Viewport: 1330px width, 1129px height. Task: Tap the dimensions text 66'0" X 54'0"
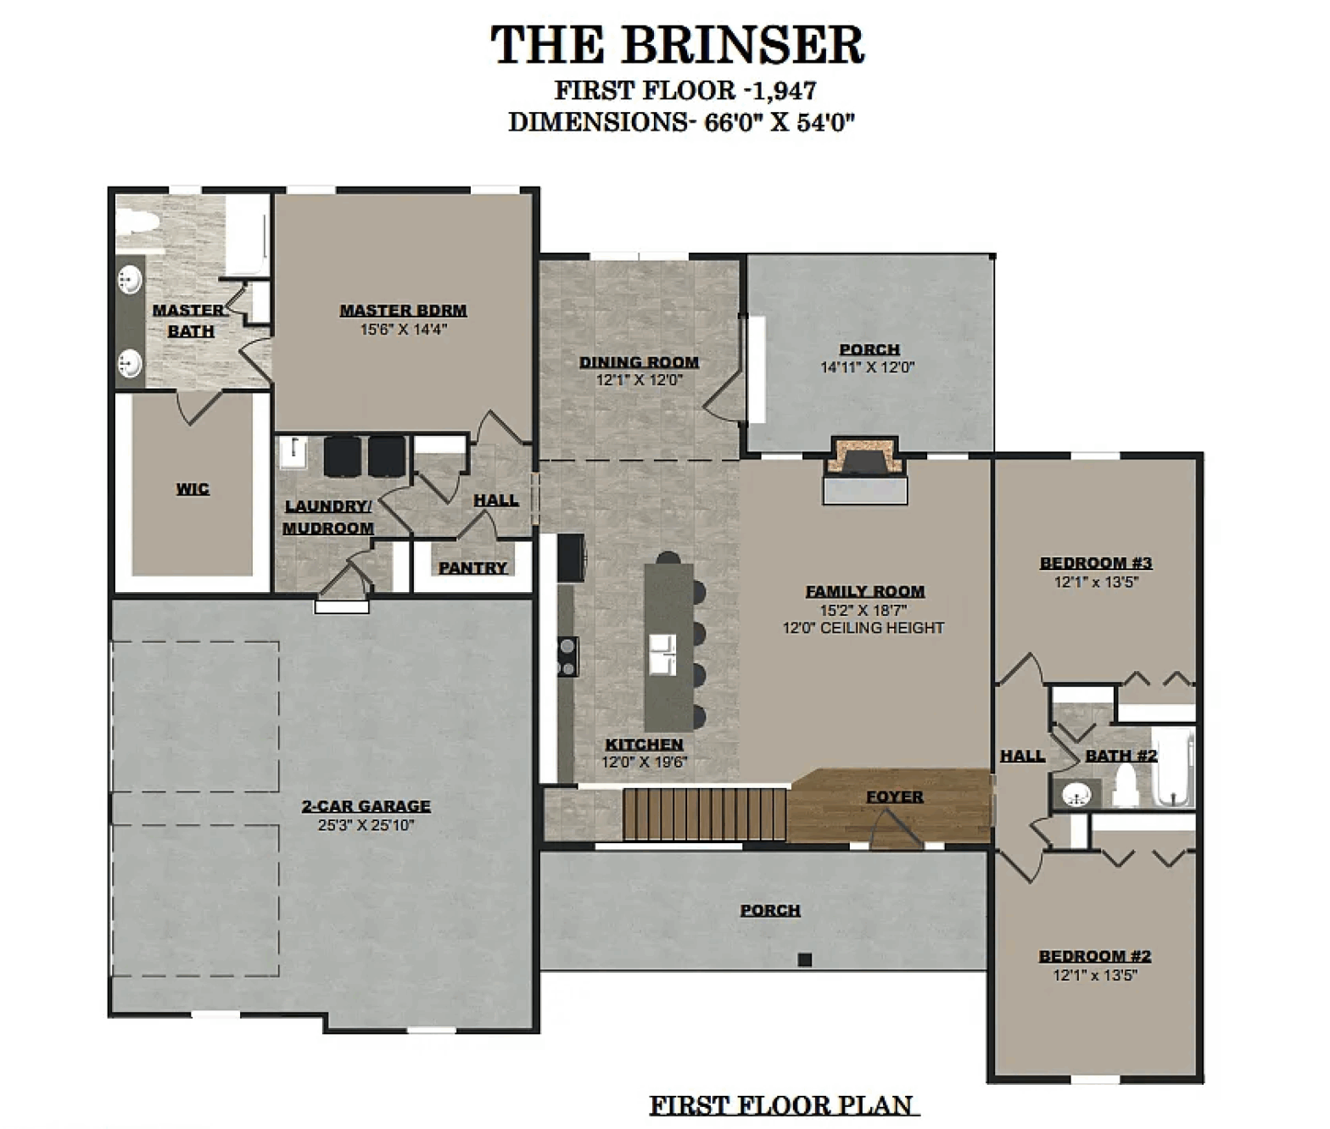779,122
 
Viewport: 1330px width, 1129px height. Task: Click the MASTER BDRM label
403,310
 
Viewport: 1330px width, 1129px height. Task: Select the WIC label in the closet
193,489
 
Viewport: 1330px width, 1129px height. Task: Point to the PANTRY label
472,567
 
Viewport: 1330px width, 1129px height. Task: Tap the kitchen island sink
662,655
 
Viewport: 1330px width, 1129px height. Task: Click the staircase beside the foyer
706,814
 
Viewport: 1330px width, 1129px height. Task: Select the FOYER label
894,796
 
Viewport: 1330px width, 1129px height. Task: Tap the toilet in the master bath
137,222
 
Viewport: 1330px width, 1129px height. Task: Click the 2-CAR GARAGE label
366,806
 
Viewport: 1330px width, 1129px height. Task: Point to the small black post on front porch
805,959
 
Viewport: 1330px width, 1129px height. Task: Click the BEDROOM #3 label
1096,562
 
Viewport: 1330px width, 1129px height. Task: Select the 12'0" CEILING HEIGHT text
863,628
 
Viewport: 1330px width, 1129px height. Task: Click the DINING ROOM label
639,362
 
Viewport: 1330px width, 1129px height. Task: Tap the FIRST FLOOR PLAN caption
784,1106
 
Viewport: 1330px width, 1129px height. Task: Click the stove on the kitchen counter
567,657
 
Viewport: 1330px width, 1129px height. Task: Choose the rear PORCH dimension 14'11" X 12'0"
867,367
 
